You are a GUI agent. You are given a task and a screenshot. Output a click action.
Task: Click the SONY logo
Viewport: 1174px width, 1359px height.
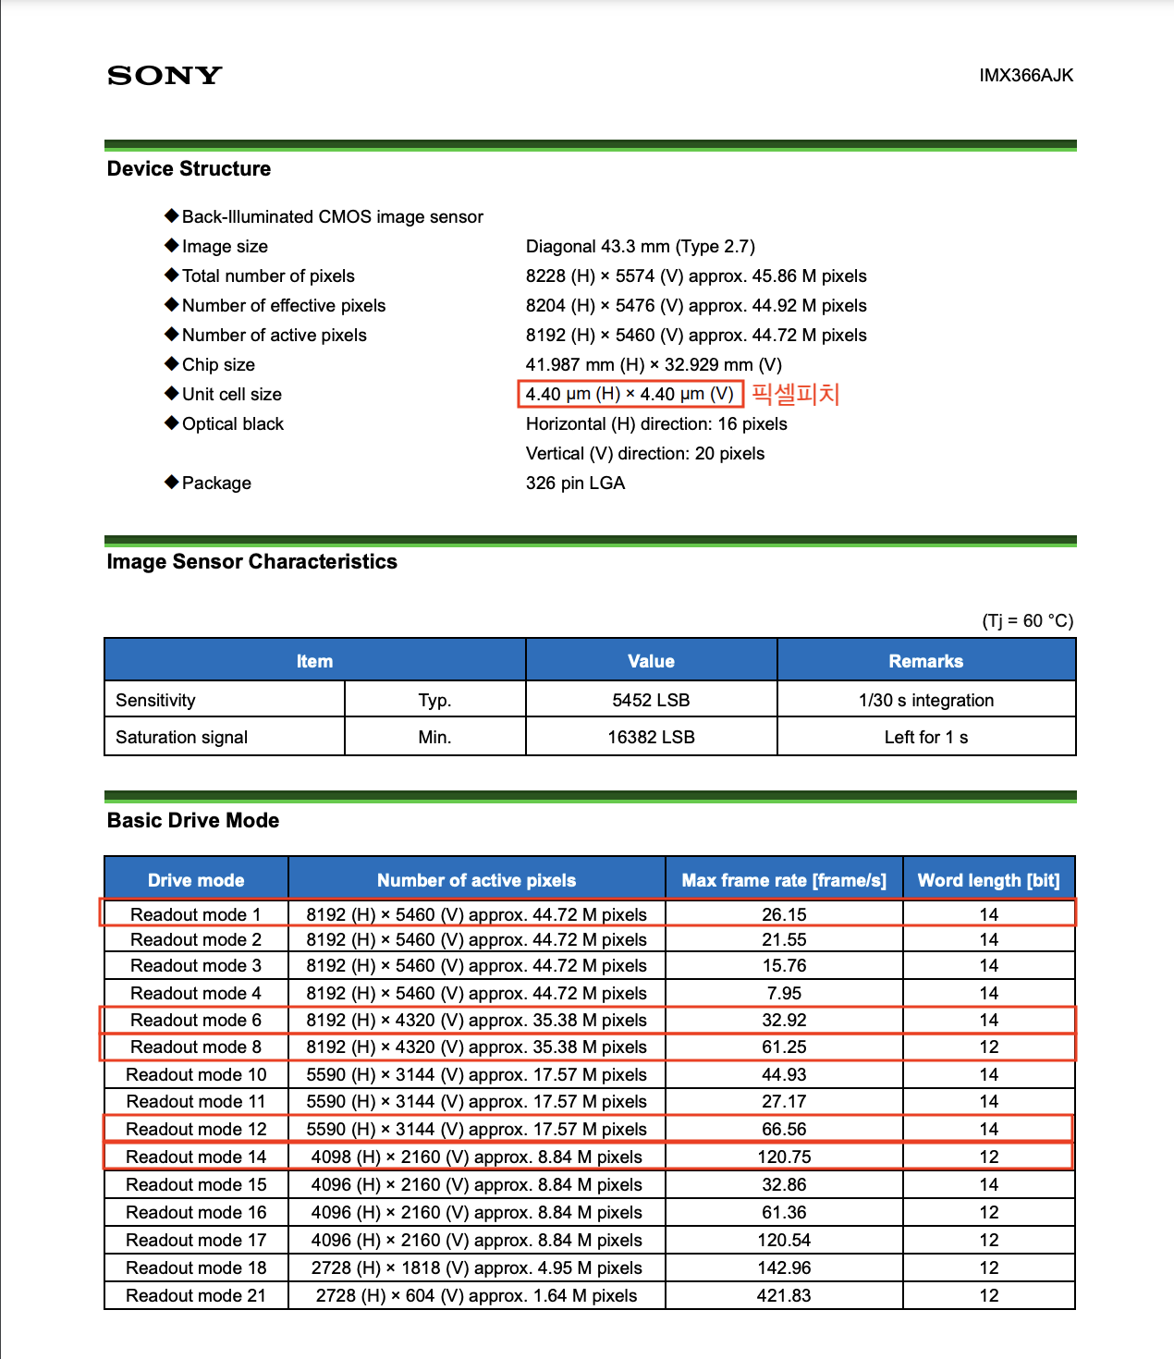(x=165, y=75)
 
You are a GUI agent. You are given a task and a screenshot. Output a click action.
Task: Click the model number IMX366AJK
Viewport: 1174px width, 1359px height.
(x=1026, y=75)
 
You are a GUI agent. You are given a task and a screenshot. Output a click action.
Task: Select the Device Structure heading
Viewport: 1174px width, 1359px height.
(x=190, y=168)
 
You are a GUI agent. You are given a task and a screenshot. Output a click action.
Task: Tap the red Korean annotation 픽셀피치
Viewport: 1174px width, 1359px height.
(x=795, y=394)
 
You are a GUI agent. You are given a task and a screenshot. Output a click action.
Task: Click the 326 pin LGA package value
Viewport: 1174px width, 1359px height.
(x=575, y=483)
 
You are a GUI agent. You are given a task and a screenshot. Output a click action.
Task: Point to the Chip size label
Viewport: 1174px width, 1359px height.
(x=218, y=364)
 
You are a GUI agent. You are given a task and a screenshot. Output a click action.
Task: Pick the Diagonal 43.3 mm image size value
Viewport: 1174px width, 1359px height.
(x=640, y=246)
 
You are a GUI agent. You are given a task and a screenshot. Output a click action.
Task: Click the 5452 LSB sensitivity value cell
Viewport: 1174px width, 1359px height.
(x=651, y=700)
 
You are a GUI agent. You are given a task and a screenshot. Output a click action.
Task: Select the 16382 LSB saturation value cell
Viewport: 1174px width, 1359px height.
(x=651, y=737)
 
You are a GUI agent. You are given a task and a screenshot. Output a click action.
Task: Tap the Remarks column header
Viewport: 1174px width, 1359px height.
(x=925, y=661)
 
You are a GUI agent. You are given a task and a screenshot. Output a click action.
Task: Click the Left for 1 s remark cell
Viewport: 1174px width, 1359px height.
(x=925, y=737)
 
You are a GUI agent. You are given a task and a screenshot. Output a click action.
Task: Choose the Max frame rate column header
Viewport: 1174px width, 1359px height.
(x=784, y=880)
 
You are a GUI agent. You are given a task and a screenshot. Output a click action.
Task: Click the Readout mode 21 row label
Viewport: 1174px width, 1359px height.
(x=196, y=1295)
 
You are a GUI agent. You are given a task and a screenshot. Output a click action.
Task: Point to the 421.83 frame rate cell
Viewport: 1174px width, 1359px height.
(x=784, y=1295)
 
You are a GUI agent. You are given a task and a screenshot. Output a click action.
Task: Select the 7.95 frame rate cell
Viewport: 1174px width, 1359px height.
(x=784, y=993)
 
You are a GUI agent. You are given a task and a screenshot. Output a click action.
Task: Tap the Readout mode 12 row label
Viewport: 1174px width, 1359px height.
(x=196, y=1129)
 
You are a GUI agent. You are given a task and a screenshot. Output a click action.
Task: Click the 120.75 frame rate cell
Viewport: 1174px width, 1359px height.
(x=784, y=1157)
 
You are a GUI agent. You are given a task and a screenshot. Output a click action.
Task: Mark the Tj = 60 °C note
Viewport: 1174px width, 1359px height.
(x=1027, y=620)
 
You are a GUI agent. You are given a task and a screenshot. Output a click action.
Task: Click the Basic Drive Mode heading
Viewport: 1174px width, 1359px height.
(x=193, y=820)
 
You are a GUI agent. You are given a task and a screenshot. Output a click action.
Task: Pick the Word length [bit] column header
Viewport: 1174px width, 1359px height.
(x=988, y=880)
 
